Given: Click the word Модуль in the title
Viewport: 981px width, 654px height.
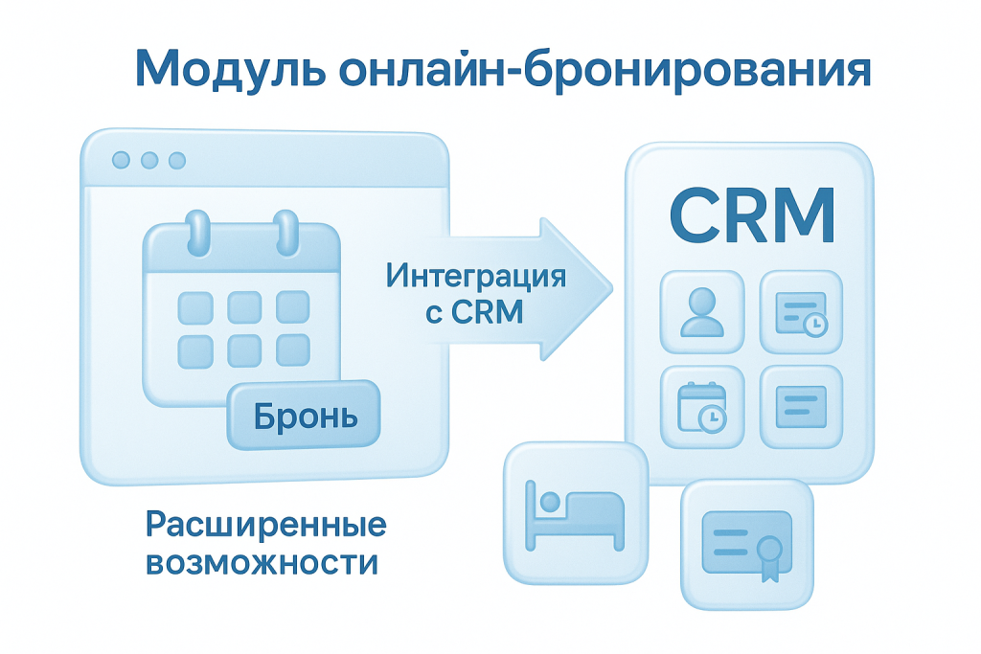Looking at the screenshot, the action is pyautogui.click(x=230, y=69).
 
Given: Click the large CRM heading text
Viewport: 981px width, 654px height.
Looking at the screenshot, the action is pyautogui.click(x=752, y=214).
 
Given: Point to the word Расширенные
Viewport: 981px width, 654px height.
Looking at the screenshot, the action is pyautogui.click(x=266, y=525).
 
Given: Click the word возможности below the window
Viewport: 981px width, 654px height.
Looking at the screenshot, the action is pyautogui.click(x=262, y=562).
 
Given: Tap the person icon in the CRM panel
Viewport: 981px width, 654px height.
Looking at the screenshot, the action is pyautogui.click(x=702, y=312).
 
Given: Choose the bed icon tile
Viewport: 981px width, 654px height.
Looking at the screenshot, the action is pyautogui.click(x=576, y=514).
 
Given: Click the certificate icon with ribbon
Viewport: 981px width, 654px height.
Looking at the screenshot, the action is pyautogui.click(x=747, y=545).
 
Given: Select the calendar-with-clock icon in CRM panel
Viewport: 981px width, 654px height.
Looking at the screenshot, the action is pyautogui.click(x=702, y=406).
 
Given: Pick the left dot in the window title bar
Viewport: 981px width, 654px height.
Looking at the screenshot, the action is pyautogui.click(x=121, y=160).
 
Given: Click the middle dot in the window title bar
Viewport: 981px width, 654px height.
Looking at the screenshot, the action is pyautogui.click(x=148, y=160).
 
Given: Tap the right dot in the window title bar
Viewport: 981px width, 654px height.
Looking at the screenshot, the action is pyautogui.click(x=177, y=160).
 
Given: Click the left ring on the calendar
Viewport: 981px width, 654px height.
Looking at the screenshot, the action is pyautogui.click(x=198, y=233).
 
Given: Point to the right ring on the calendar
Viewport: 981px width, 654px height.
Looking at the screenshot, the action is pyautogui.click(x=286, y=233).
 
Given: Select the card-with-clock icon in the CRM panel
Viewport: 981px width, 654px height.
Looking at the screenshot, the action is pyautogui.click(x=802, y=313).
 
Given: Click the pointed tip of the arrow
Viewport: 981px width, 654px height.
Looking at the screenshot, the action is pyautogui.click(x=612, y=289).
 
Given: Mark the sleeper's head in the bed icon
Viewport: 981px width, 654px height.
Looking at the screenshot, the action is pyautogui.click(x=550, y=502).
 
